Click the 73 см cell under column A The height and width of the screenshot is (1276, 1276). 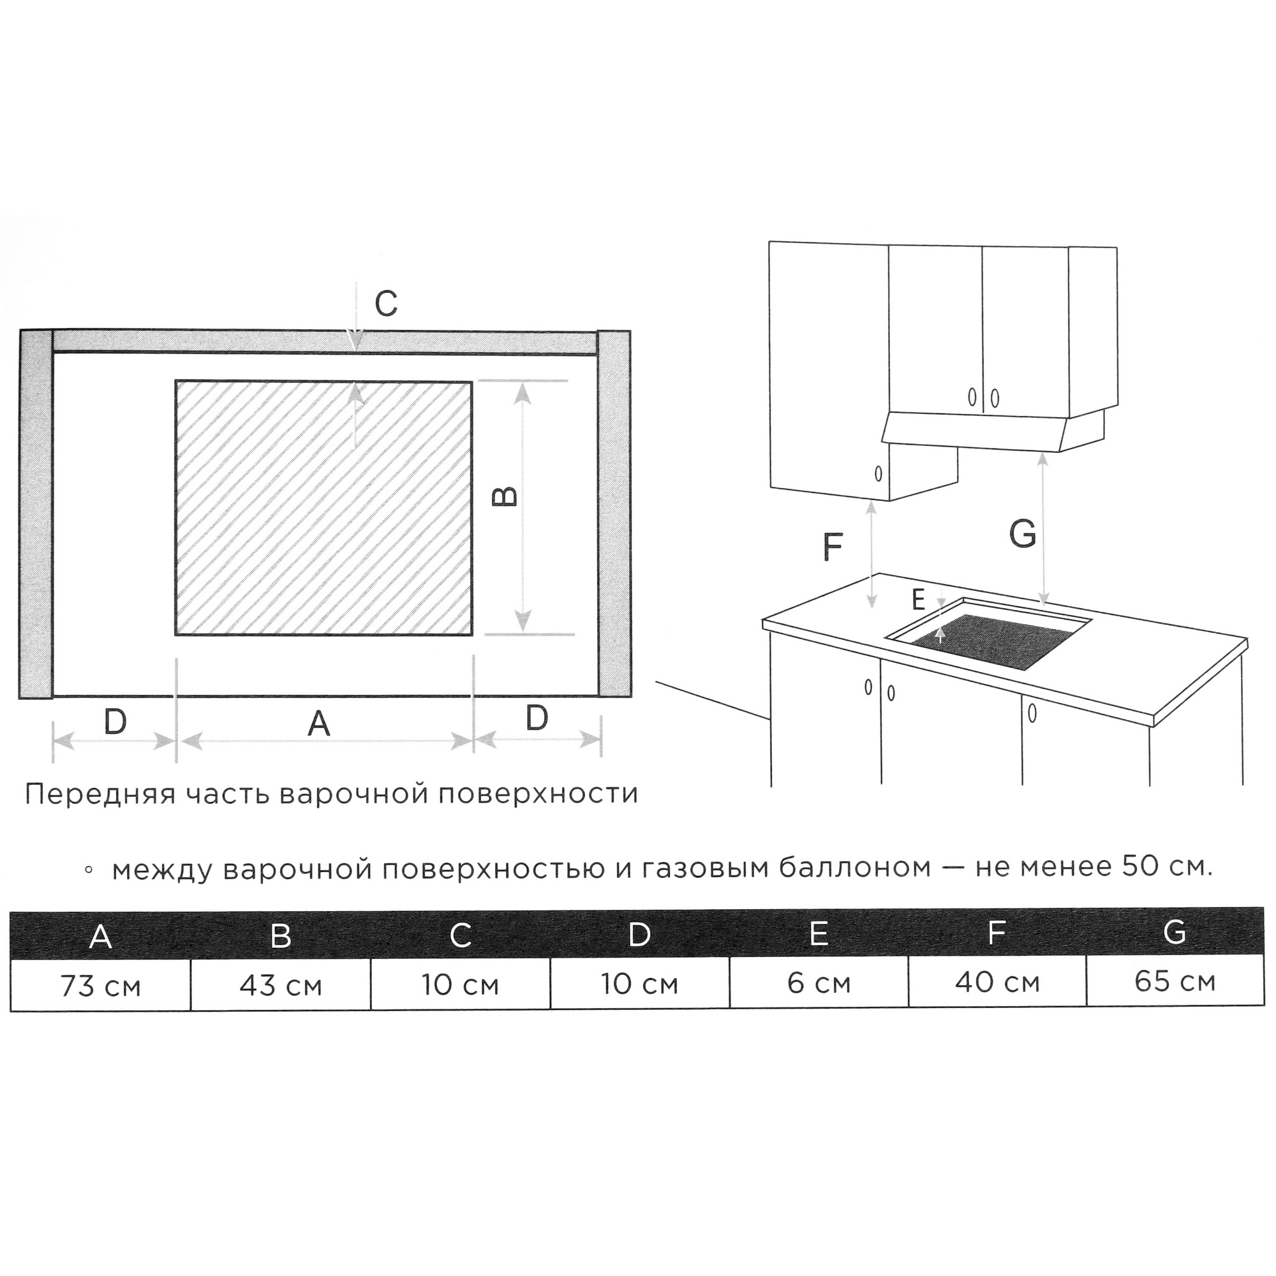100,986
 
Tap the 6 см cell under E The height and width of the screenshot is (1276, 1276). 819,983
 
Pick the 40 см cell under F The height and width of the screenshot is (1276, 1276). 997,982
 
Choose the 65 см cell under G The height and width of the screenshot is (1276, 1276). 1176,981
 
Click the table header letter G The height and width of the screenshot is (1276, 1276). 1175,932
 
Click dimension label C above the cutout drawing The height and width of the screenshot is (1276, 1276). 387,304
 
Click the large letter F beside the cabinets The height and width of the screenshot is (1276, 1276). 833,547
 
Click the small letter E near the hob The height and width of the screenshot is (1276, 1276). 917,600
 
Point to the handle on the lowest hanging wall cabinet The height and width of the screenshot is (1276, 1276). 878,473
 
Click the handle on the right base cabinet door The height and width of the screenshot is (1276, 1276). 1032,713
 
